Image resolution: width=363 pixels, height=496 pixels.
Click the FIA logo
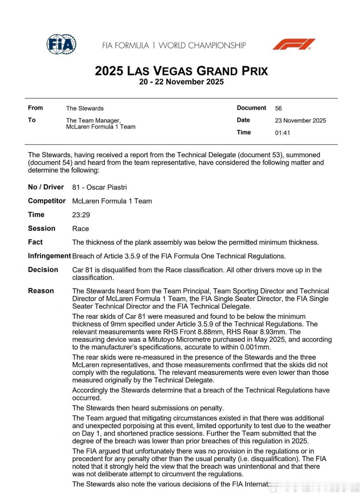tap(62, 44)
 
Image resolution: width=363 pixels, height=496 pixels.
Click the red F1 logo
tap(293, 44)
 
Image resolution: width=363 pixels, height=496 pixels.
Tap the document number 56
tap(278, 108)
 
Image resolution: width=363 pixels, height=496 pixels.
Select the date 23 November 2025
tap(300, 121)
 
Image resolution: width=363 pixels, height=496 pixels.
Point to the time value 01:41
tap(282, 133)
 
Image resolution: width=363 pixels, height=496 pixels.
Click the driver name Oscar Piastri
tap(107, 187)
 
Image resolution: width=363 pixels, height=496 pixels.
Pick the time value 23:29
tap(81, 215)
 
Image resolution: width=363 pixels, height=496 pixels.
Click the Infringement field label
tap(49, 256)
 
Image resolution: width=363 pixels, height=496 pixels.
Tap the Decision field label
tap(43, 270)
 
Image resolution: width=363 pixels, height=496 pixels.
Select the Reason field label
tap(41, 291)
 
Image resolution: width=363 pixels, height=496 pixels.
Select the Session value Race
tap(81, 229)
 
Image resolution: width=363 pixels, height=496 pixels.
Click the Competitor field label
tap(47, 201)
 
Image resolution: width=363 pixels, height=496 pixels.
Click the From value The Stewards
tap(85, 108)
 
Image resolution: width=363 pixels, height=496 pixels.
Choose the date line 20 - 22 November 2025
tap(182, 82)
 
